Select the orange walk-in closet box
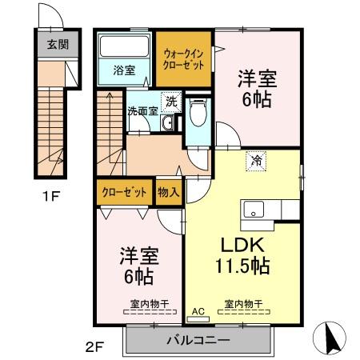184,59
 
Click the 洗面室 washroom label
142,111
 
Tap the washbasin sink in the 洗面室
167,125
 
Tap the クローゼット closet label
123,193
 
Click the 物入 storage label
168,193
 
